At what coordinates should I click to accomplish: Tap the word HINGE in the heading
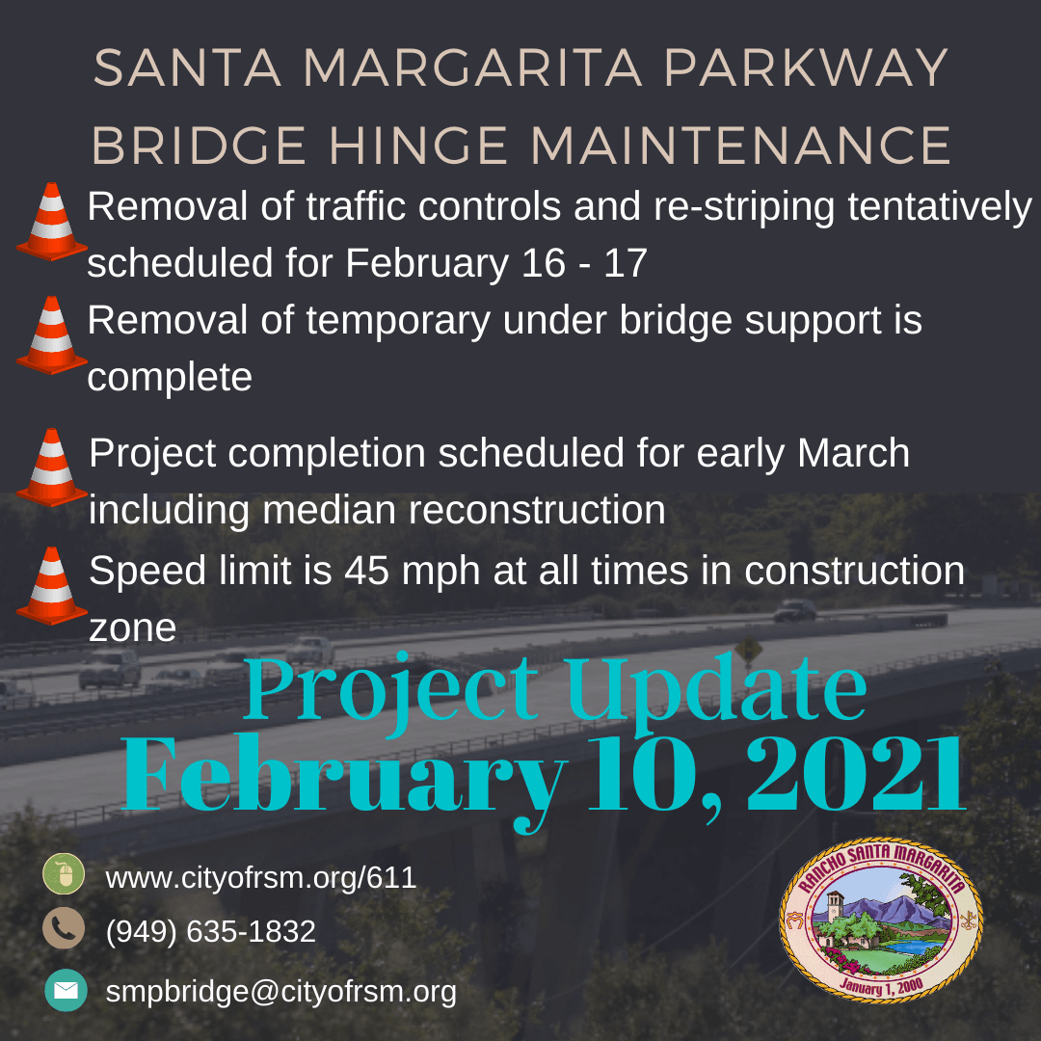pyautogui.click(x=417, y=147)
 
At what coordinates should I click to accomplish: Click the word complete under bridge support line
pyautogui.click(x=170, y=377)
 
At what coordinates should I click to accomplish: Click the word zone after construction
pyautogui.click(x=132, y=628)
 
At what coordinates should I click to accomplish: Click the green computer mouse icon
pyautogui.click(x=65, y=875)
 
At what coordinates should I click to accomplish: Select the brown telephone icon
pyautogui.click(x=65, y=929)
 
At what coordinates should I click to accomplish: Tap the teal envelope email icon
pyautogui.click(x=66, y=990)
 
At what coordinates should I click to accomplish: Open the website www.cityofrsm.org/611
pyautogui.click(x=260, y=878)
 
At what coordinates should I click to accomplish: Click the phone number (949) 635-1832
pyautogui.click(x=210, y=932)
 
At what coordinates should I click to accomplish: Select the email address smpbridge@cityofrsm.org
pyautogui.click(x=280, y=991)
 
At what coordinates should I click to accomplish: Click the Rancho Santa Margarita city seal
pyautogui.click(x=881, y=920)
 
